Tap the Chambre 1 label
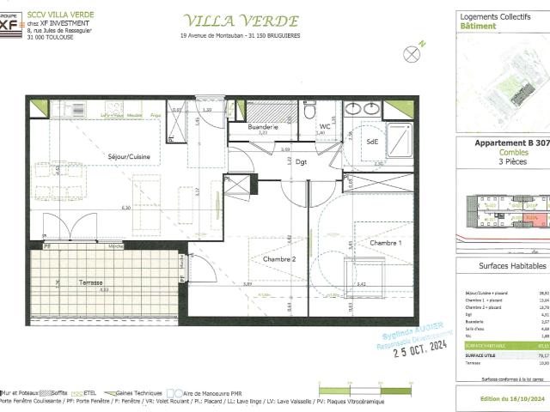(x=385, y=244)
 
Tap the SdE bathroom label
(x=373, y=142)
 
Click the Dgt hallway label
(x=302, y=161)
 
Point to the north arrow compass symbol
(x=412, y=52)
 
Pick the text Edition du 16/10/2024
(x=502, y=399)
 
